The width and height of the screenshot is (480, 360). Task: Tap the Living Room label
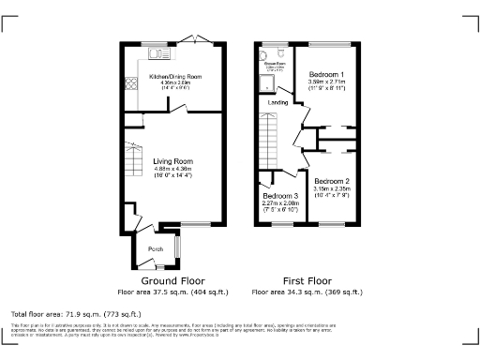tap(172, 160)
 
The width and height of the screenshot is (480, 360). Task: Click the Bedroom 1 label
tap(326, 74)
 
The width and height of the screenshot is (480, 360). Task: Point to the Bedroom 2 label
tap(331, 181)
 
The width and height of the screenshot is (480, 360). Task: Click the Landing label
tap(278, 102)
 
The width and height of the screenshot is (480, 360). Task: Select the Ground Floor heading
tap(172, 280)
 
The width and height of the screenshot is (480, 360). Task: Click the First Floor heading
tap(307, 280)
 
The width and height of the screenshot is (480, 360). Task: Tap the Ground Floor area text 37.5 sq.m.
tap(172, 292)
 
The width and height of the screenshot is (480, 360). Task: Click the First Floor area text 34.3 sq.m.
tap(307, 292)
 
